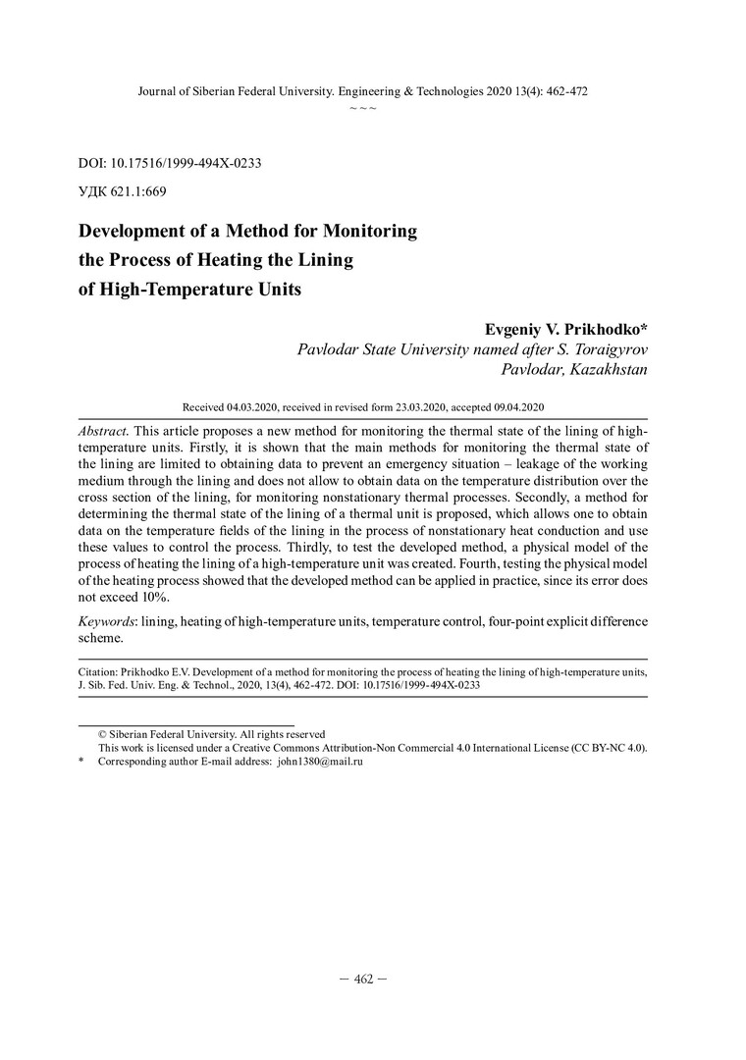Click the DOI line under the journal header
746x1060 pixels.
click(x=168, y=163)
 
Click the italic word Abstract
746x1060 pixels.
click(x=102, y=433)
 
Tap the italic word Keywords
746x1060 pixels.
click(x=107, y=621)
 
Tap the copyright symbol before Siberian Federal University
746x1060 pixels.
click(x=102, y=734)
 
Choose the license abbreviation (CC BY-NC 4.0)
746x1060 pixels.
click(x=608, y=747)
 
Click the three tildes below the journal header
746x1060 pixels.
click(x=363, y=107)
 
